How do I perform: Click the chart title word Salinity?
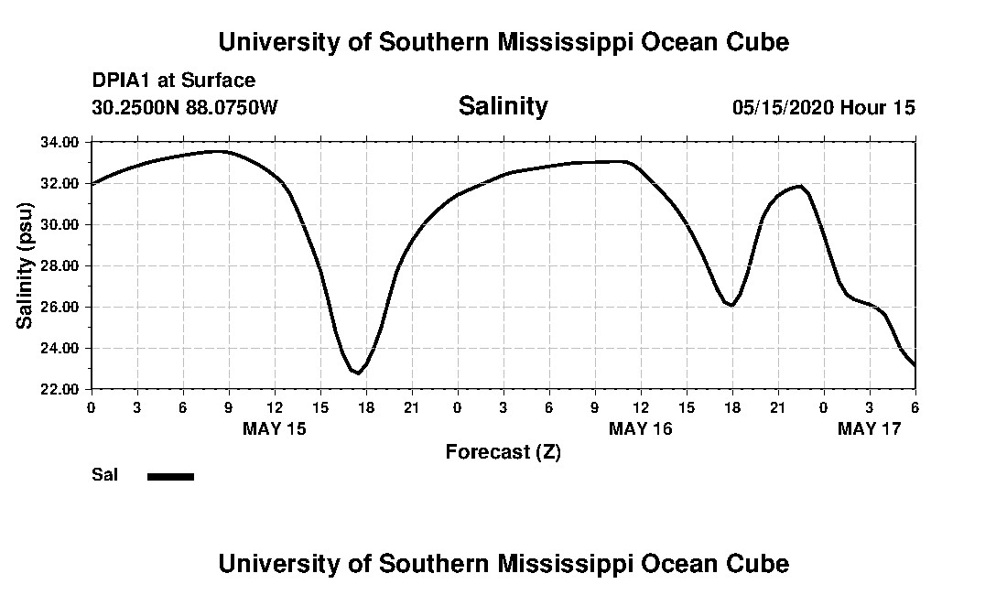tap(503, 106)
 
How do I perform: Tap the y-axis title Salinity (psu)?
tap(26, 265)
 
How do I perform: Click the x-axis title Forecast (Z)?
tap(503, 451)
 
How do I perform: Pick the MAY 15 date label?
tap(275, 428)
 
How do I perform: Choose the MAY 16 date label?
tap(641, 428)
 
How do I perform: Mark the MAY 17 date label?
tap(870, 428)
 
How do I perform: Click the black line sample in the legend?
tap(170, 476)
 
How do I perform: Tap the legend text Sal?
tap(103, 475)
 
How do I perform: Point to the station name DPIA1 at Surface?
tap(174, 81)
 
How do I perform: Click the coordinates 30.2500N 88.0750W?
tap(184, 107)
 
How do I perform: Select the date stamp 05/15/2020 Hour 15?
tap(823, 107)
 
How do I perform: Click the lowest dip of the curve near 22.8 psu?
tap(357, 373)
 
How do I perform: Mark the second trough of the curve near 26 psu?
tap(731, 305)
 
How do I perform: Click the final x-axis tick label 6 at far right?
tap(915, 406)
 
